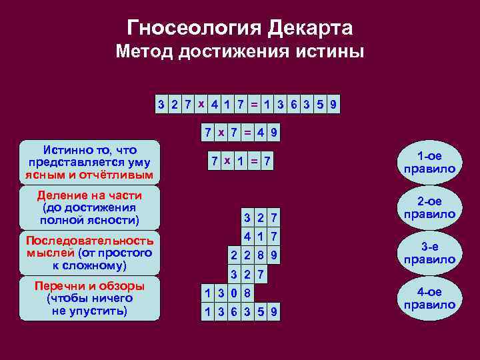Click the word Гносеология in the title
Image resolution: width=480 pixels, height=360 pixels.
tap(193, 28)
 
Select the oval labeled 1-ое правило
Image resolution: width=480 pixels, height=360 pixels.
tap(429, 162)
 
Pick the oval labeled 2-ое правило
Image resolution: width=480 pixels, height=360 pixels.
tap(429, 208)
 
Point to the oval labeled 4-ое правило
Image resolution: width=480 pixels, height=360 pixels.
tap(429, 298)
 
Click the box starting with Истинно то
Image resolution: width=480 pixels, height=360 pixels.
tap(90, 162)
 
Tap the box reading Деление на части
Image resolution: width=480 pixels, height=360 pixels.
tap(90, 207)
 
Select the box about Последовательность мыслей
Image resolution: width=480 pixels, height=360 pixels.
tap(90, 253)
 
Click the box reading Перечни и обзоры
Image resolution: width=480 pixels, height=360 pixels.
tap(90, 298)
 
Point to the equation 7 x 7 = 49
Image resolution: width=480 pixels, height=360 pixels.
tap(240, 133)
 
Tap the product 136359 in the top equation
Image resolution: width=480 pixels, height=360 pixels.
tap(300, 105)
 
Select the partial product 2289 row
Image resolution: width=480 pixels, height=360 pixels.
tap(254, 255)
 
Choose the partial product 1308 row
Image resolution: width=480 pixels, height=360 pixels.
tap(229, 293)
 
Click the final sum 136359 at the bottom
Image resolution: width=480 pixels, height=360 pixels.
tap(242, 312)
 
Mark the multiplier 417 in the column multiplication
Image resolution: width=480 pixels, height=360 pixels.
tap(260, 235)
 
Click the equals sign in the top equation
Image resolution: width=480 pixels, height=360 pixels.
tap(254, 105)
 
